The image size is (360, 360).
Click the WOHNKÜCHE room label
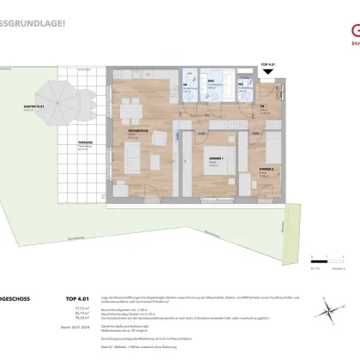(x=127, y=129)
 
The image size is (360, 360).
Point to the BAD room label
(x=210, y=80)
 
